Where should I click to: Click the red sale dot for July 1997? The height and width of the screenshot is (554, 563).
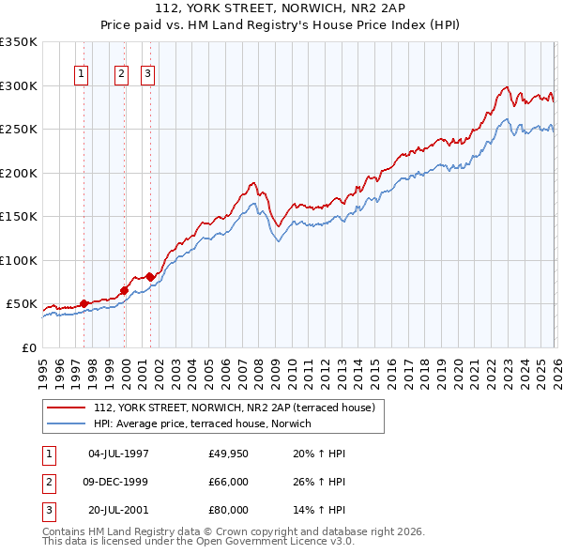click(x=84, y=303)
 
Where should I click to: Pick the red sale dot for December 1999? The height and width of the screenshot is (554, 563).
click(x=124, y=290)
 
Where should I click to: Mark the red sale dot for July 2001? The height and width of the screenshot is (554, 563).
click(x=150, y=277)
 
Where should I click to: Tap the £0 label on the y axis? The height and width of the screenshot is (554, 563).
click(x=28, y=347)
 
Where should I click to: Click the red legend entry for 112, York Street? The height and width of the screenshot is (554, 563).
click(x=234, y=408)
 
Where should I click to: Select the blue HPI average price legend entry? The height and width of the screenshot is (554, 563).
click(x=207, y=424)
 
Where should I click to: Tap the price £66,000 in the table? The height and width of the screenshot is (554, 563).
click(x=229, y=482)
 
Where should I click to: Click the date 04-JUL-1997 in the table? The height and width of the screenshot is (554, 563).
click(x=118, y=454)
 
